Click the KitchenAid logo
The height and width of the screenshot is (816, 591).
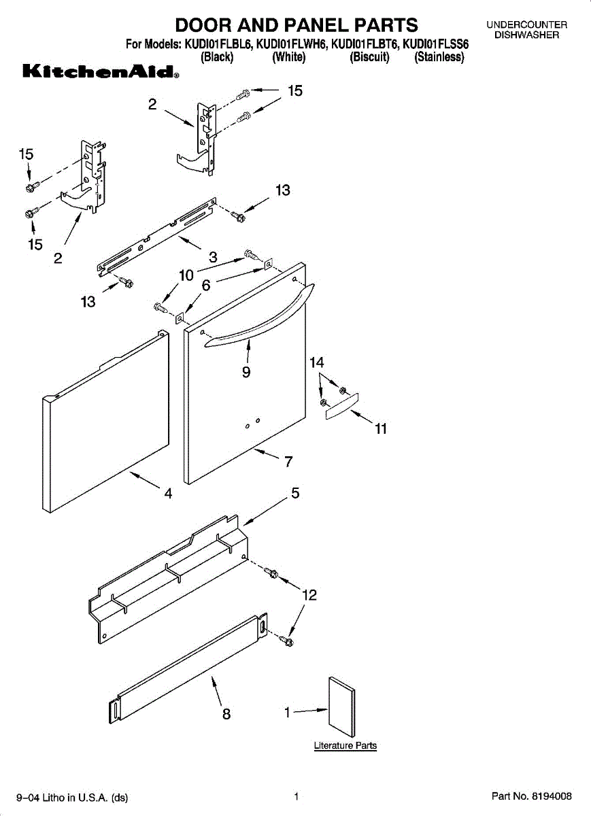click(101, 72)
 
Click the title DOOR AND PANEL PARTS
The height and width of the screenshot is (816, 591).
click(297, 26)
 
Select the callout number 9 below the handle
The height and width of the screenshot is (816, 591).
click(246, 372)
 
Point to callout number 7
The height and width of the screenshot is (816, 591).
click(288, 462)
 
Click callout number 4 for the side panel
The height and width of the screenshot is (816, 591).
click(168, 494)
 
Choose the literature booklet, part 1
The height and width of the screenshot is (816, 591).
click(341, 707)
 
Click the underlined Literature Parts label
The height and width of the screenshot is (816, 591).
click(345, 746)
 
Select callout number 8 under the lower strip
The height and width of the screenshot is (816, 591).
click(226, 714)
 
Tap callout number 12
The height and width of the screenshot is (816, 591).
click(309, 596)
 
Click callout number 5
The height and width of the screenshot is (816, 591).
click(295, 494)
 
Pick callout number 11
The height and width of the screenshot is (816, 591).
click(381, 428)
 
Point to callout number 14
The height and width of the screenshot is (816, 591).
click(317, 363)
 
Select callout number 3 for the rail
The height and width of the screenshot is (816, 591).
click(213, 257)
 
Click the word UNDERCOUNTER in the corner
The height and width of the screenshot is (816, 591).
click(526, 25)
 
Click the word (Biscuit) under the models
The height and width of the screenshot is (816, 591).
click(369, 58)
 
